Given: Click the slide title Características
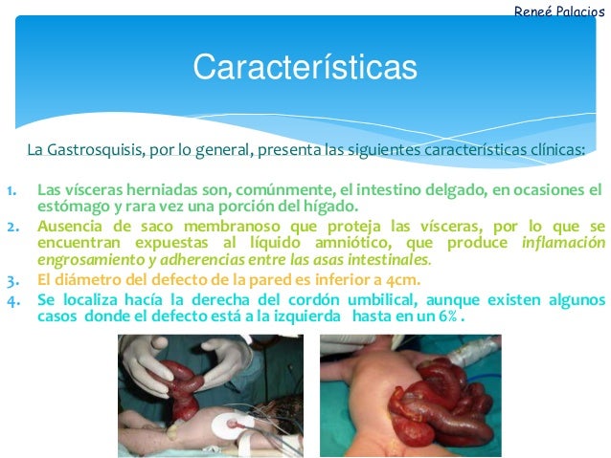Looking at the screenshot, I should [x=305, y=68].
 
